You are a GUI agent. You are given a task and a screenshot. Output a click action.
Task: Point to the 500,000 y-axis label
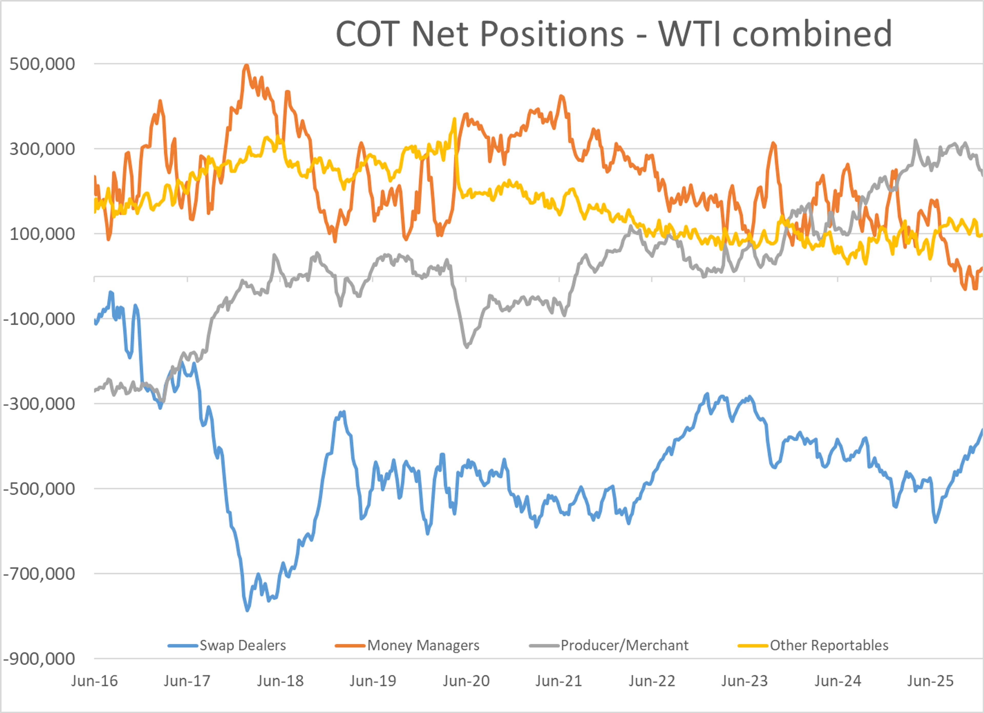[42, 64]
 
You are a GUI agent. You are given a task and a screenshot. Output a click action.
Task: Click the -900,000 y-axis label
[39, 659]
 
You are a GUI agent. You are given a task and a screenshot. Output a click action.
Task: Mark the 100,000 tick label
[42, 234]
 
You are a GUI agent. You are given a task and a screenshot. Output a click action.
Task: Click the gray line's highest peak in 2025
[915, 140]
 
